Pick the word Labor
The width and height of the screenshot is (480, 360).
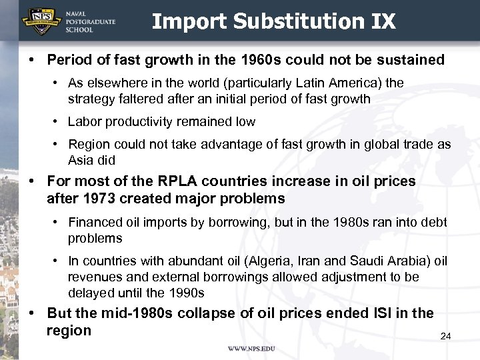(84, 122)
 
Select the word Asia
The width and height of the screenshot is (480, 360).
(82, 160)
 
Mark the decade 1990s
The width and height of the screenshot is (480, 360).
(185, 293)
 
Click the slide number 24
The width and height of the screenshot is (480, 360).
(445, 337)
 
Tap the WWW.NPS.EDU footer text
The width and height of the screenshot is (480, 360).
(251, 349)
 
